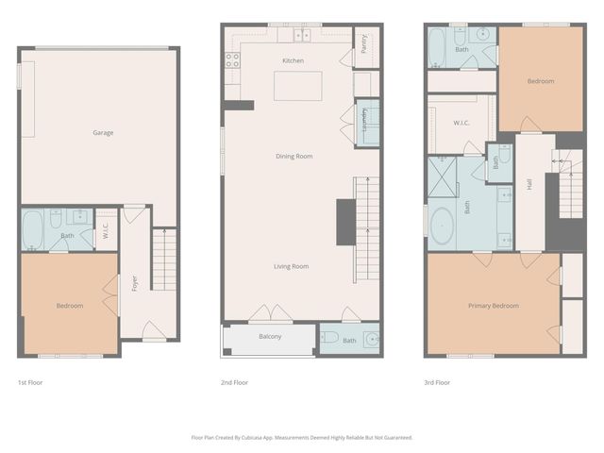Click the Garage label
point(103,133)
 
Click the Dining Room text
point(294,157)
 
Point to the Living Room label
point(291,266)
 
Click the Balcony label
point(270,337)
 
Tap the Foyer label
point(135,281)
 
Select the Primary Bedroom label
point(494,306)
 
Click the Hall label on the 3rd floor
point(529,186)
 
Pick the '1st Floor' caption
point(30,382)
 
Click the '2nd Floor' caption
point(234,382)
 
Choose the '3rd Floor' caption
point(437,382)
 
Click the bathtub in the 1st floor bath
point(34,229)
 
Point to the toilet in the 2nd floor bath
point(329,337)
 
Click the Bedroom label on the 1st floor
point(69,306)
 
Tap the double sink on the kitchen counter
point(302,36)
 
